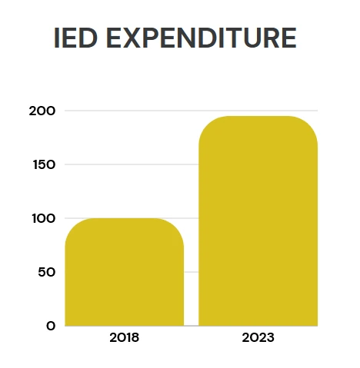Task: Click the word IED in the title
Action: click(75, 38)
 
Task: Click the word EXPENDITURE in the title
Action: click(202, 38)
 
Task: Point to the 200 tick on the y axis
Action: click(42, 111)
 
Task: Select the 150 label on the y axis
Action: click(44, 164)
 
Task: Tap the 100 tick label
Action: click(44, 218)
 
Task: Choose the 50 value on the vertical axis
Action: click(47, 272)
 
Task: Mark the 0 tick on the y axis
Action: click(51, 326)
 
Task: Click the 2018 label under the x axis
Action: click(125, 337)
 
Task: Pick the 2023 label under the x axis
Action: click(258, 337)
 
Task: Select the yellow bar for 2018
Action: click(125, 272)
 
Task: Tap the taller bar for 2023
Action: click(258, 221)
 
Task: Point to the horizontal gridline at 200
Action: click(192, 111)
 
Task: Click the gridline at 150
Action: click(132, 164)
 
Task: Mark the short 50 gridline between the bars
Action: click(192, 272)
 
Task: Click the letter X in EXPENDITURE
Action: click(131, 38)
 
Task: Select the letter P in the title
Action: click(152, 38)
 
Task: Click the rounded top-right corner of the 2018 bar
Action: click(177, 225)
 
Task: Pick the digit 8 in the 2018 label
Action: click(135, 337)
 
